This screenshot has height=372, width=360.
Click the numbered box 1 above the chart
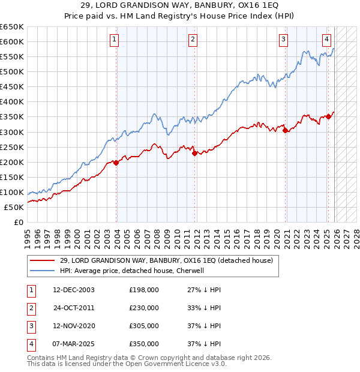coord(114,40)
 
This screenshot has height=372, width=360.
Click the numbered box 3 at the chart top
coord(283,40)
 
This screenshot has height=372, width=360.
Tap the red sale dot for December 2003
coord(116,163)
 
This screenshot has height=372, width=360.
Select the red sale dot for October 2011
coord(195,153)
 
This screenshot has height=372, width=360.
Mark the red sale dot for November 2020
coord(286,130)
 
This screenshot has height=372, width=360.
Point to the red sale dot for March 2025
coord(328,116)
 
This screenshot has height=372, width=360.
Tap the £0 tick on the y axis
coord(19,223)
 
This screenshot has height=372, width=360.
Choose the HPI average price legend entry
coord(132,271)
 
